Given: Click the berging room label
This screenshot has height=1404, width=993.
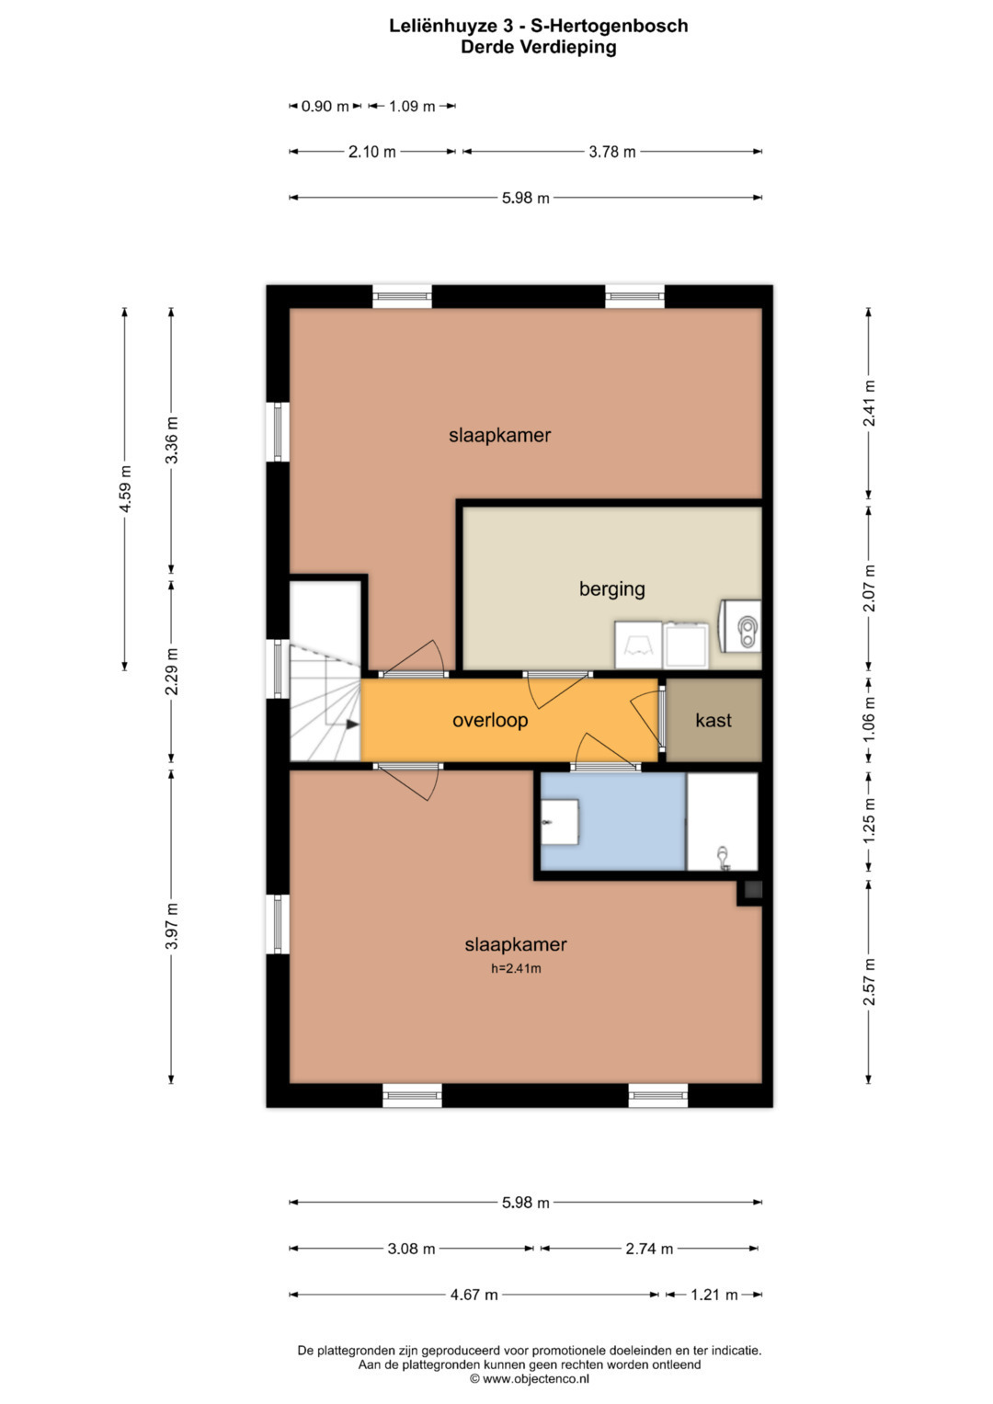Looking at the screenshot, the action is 611,589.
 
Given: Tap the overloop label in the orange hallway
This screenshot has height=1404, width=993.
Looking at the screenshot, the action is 489,720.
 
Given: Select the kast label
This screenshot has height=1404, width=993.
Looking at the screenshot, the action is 713,720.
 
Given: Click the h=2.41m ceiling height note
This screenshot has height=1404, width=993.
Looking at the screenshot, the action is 515,968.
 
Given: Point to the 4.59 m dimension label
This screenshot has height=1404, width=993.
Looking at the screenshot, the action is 125,488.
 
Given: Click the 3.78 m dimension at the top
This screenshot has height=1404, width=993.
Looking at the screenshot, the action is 611,152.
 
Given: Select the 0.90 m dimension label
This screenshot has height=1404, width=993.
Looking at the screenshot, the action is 325,106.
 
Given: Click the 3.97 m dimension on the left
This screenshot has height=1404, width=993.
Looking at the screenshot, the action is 171,925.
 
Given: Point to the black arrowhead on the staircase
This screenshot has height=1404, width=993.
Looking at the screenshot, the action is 352,724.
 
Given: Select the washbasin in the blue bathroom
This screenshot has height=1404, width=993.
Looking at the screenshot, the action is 559,822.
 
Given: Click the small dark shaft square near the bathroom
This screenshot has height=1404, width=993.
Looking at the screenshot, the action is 753,889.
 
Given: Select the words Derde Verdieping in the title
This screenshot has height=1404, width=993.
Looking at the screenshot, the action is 539,47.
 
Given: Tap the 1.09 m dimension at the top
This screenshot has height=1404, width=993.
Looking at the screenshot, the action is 411,106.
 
